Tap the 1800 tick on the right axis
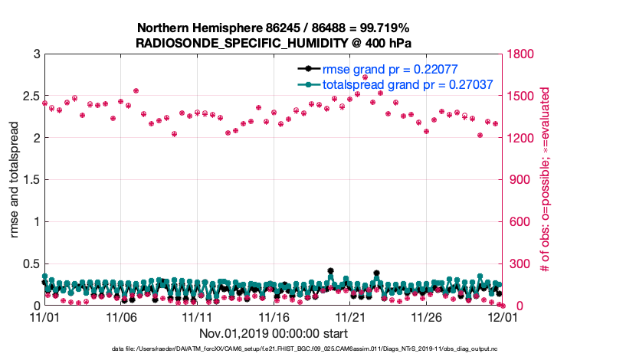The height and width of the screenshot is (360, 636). tap(521, 54)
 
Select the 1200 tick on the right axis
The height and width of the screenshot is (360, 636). tap(521, 138)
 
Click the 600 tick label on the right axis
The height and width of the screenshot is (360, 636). tap(518, 222)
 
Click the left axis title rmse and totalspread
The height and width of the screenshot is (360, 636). tap(14, 180)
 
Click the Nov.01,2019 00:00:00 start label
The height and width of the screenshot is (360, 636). tap(274, 334)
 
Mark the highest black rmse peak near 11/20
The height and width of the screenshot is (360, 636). tap(330, 271)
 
